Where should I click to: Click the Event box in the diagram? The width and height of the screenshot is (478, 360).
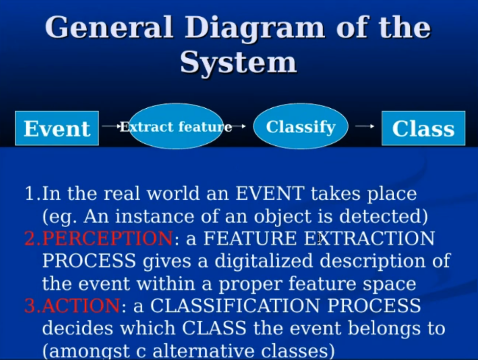57,128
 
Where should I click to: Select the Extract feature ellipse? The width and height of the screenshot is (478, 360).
176,126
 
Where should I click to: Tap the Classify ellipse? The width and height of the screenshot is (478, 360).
301,126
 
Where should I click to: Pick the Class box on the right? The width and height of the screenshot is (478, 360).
424,128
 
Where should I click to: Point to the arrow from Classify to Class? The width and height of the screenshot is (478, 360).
365,126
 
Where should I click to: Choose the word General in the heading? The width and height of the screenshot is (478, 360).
109,27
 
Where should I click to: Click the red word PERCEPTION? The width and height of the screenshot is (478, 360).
107,238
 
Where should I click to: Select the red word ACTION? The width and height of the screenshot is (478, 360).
81,306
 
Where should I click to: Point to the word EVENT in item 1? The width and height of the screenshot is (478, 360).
270,193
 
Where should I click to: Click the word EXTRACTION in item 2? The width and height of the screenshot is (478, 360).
370,238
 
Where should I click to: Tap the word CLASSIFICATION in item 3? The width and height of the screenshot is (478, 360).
235,306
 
